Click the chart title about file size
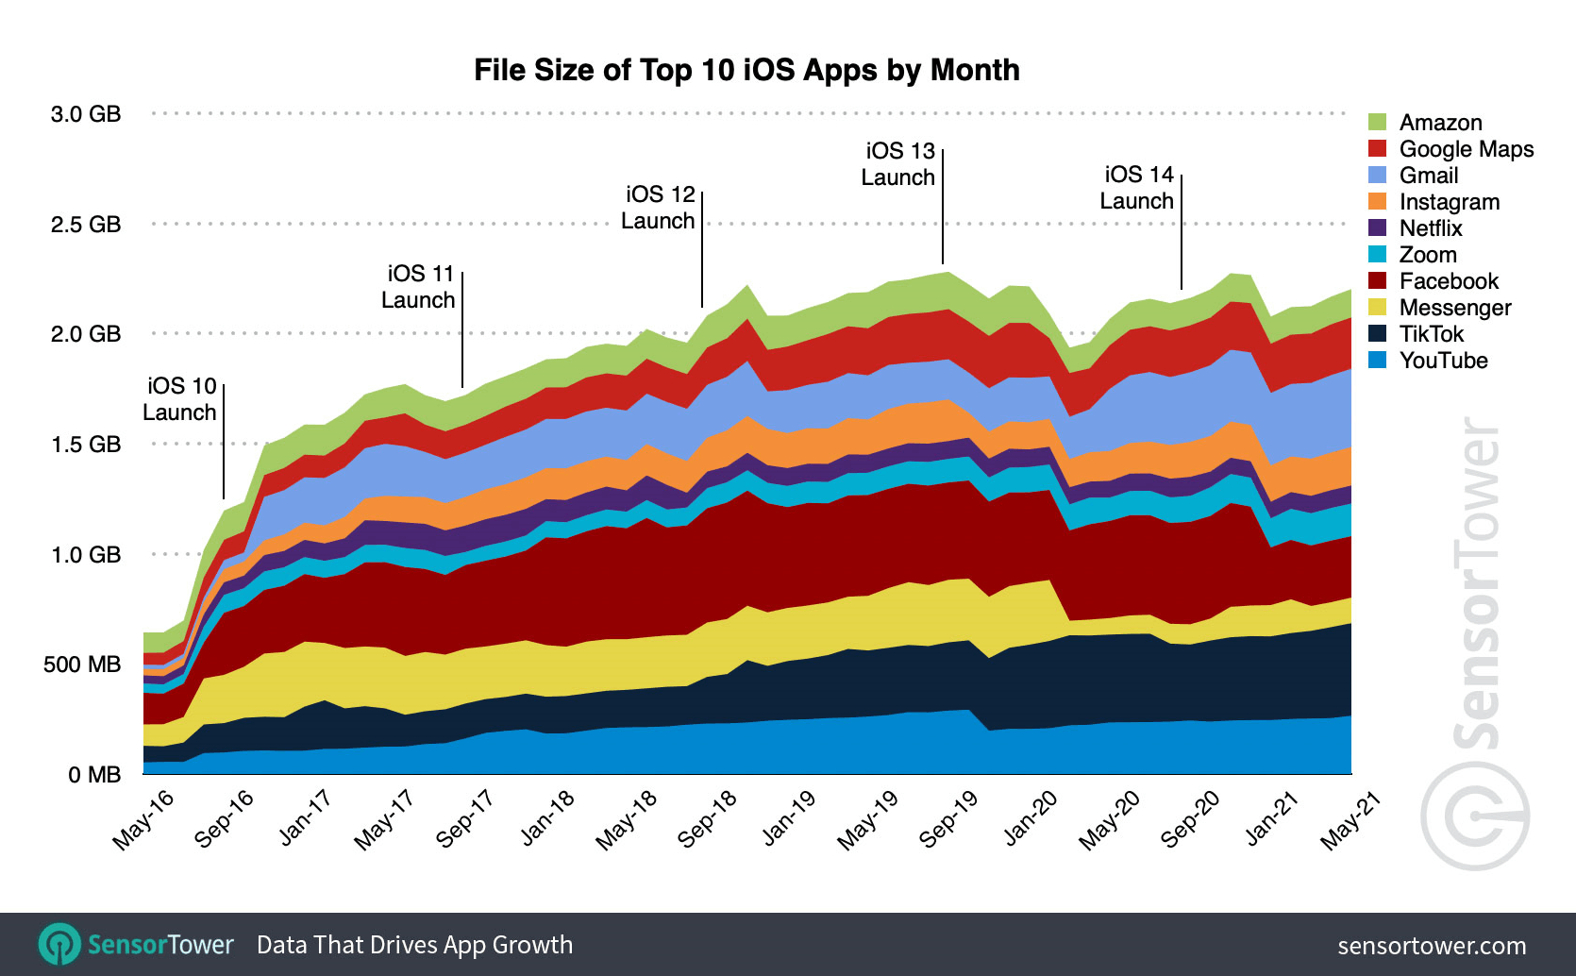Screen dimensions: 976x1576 [746, 70]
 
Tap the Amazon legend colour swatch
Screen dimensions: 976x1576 [1377, 123]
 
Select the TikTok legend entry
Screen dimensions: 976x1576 [1431, 334]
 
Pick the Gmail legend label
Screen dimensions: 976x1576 [1429, 176]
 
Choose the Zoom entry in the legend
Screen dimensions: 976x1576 [1428, 255]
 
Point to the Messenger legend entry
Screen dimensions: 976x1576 [1454, 308]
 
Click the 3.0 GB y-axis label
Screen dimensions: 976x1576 [86, 114]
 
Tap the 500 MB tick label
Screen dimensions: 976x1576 [82, 665]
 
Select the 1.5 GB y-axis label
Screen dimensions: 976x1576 [86, 445]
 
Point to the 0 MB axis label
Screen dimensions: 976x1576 [94, 775]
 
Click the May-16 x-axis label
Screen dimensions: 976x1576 [143, 819]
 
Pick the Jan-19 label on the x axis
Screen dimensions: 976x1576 [788, 817]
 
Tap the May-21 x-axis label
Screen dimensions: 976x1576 [1350, 819]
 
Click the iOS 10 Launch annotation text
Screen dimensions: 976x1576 [180, 399]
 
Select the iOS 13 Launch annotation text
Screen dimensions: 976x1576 [898, 164]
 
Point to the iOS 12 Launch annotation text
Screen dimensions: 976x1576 [659, 208]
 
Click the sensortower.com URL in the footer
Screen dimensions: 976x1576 [1431, 946]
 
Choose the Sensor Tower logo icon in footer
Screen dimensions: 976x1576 [59, 945]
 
